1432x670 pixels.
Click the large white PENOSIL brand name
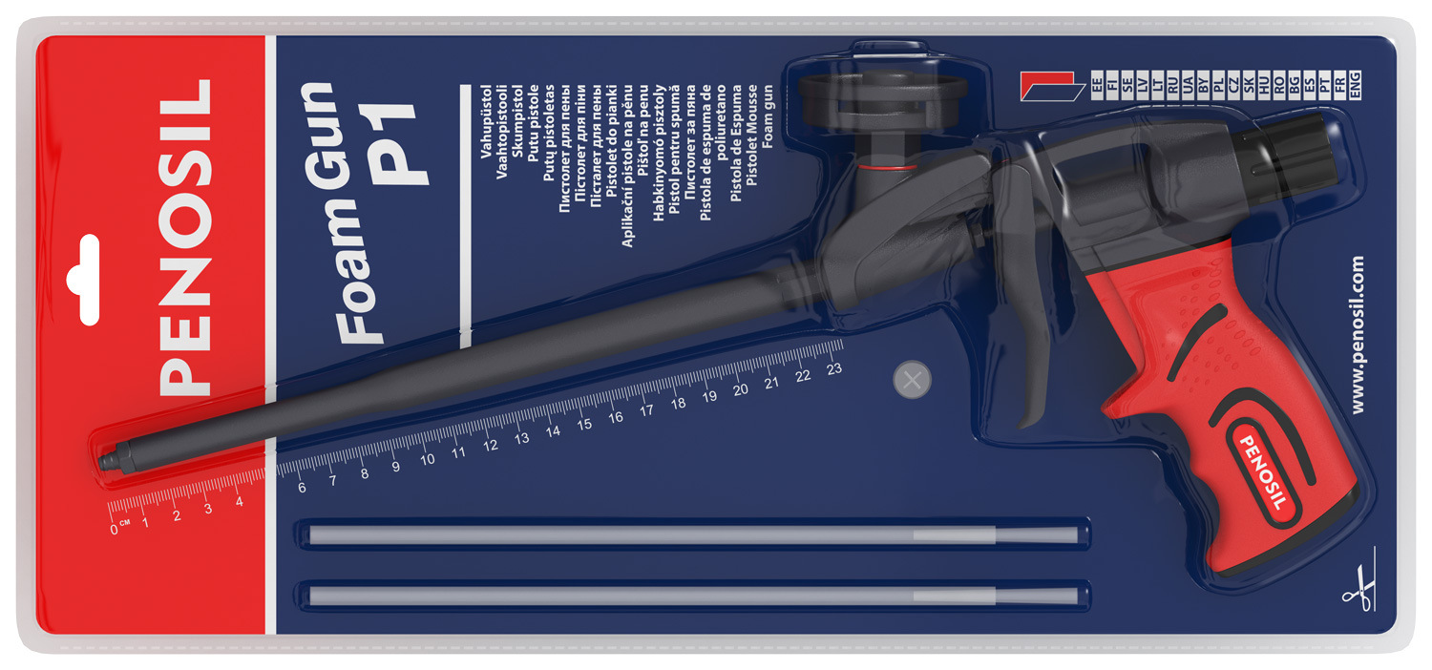coord(185,238)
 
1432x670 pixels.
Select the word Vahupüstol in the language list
coord(486,121)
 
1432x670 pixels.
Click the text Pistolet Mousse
coord(752,136)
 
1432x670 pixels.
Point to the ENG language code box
coord(1354,85)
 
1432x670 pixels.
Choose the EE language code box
coord(1096,85)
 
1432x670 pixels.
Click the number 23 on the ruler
coord(833,369)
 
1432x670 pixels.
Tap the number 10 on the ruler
coord(427,459)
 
